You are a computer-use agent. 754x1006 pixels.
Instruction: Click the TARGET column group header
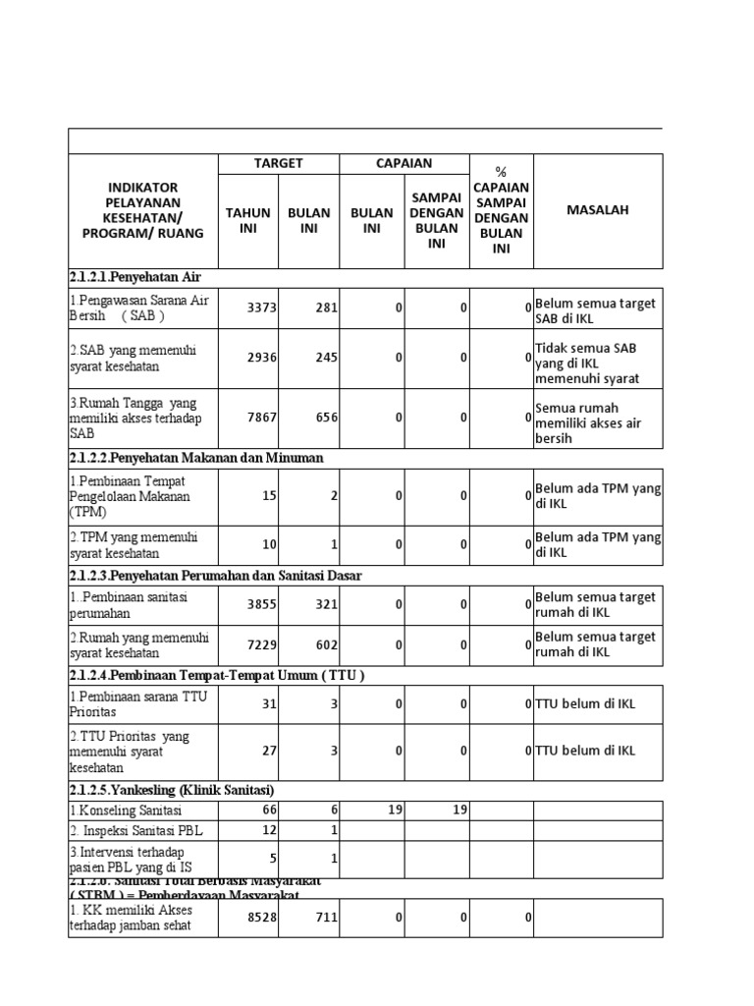(278, 163)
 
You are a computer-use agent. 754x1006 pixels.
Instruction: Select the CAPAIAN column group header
(404, 163)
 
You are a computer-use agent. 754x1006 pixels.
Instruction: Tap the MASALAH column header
(597, 210)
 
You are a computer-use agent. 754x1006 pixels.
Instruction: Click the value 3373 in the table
(262, 307)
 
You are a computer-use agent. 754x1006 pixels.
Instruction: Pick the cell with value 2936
(262, 358)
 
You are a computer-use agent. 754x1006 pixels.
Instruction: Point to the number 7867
(262, 417)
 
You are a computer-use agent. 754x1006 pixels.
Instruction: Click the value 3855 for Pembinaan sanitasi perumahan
(262, 605)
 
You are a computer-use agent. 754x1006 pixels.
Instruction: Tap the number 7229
(262, 644)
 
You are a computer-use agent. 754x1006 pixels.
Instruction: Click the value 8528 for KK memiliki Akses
(262, 917)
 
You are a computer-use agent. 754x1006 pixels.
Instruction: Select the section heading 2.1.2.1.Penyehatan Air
(135, 277)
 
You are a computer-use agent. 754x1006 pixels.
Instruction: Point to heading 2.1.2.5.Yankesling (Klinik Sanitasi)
(171, 790)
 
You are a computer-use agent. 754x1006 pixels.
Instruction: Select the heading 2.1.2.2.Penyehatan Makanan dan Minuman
(195, 458)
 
